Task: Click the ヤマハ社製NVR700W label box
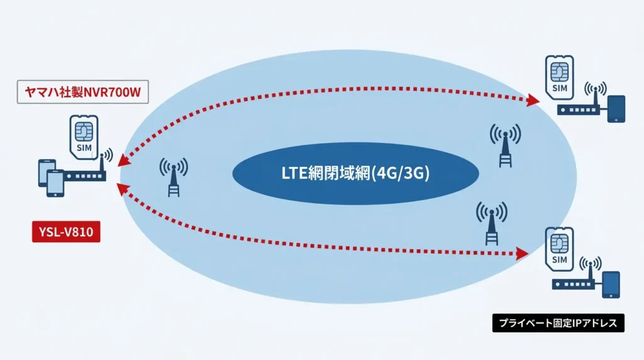(x=82, y=92)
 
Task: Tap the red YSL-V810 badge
(x=66, y=232)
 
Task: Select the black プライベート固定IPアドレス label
(x=558, y=323)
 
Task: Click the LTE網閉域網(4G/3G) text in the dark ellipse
(x=355, y=173)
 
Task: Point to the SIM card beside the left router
(x=84, y=137)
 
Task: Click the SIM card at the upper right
(x=559, y=77)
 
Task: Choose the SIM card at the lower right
(x=559, y=249)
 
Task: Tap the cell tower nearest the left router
(x=174, y=177)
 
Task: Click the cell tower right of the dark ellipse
(x=505, y=145)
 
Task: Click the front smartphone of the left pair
(x=55, y=183)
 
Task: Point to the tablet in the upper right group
(x=616, y=109)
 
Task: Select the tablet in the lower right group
(x=611, y=284)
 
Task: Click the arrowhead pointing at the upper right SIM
(x=533, y=100)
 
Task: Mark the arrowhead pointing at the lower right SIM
(x=523, y=254)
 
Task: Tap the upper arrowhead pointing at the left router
(x=125, y=160)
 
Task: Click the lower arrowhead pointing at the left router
(x=123, y=189)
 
